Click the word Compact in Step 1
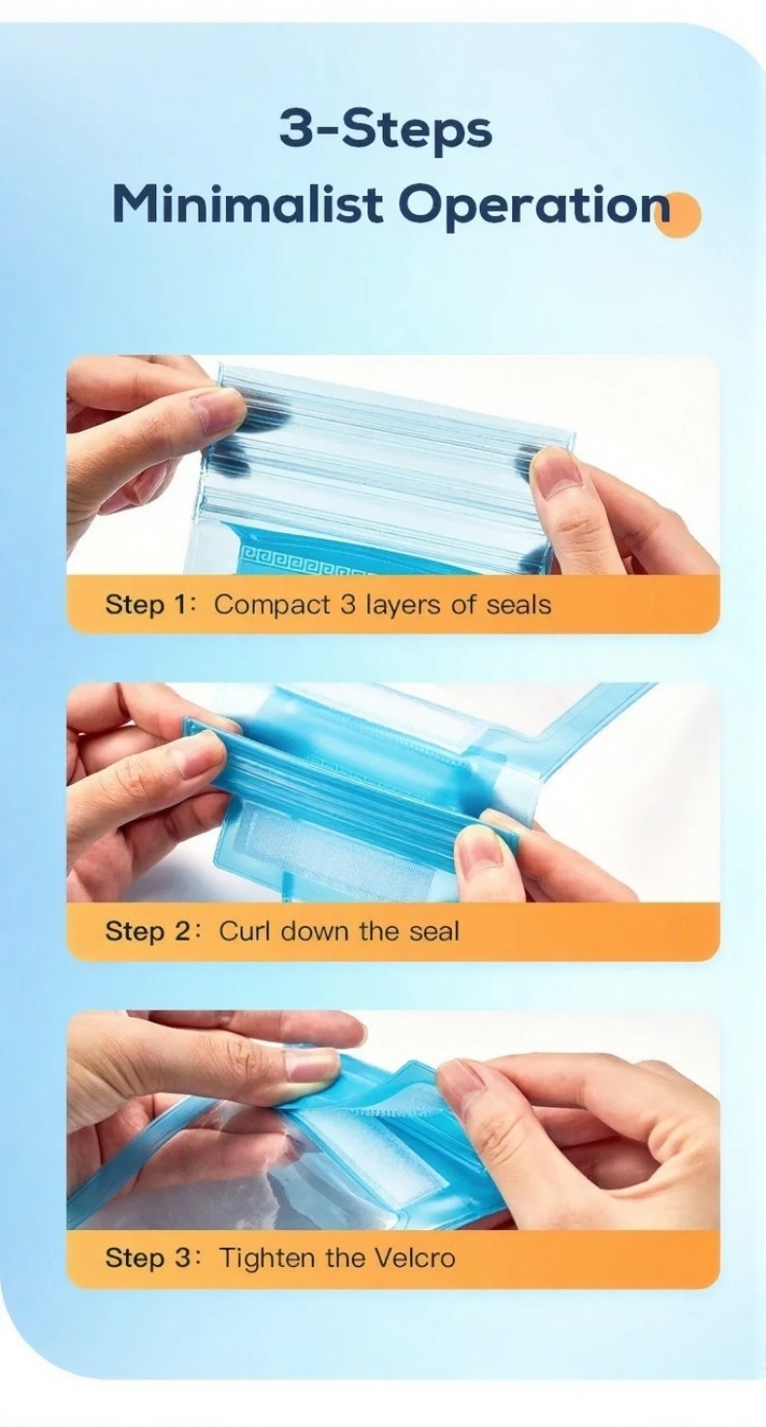(272, 605)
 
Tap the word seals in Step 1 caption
(519, 604)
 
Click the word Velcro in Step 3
(415, 1258)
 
